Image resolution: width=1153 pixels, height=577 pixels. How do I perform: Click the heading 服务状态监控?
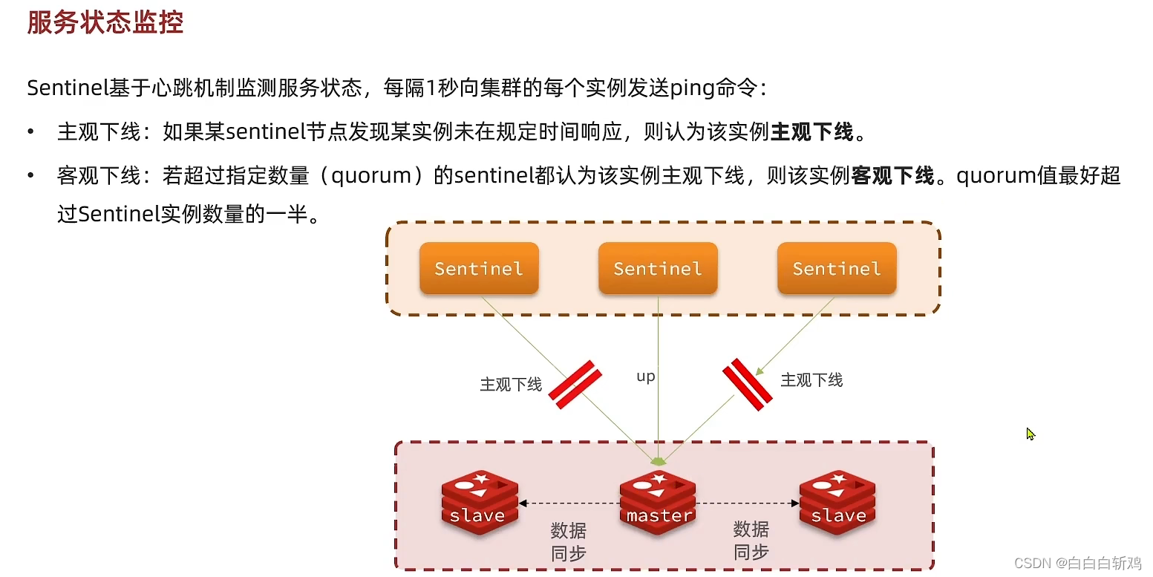pyautogui.click(x=105, y=22)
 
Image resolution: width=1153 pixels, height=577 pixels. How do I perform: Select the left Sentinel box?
pyautogui.click(x=479, y=268)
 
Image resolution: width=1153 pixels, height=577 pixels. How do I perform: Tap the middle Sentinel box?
pyautogui.click(x=658, y=268)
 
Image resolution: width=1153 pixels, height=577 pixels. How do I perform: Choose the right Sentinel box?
pyautogui.click(x=837, y=268)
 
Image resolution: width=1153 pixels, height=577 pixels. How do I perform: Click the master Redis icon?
pyautogui.click(x=659, y=501)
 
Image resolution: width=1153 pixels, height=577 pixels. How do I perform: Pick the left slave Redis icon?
pyautogui.click(x=480, y=501)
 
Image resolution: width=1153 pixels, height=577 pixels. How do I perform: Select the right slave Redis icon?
pyautogui.click(x=837, y=501)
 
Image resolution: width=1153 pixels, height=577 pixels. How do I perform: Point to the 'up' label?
pyautogui.click(x=646, y=376)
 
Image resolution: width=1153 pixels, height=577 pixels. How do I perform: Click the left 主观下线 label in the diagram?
pyautogui.click(x=511, y=385)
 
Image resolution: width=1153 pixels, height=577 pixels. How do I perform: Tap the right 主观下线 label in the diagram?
pyautogui.click(x=811, y=380)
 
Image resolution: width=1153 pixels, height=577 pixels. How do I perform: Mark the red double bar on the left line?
pyautogui.click(x=575, y=385)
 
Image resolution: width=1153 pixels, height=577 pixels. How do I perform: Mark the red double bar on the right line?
pyautogui.click(x=748, y=385)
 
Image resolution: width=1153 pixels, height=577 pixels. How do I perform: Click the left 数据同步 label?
pyautogui.click(x=569, y=541)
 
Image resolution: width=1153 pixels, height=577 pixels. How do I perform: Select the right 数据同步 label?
pyautogui.click(x=751, y=540)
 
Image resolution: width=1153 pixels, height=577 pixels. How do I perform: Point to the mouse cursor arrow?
pyautogui.click(x=1030, y=434)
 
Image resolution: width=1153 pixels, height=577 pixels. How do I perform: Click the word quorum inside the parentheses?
pyautogui.click(x=371, y=177)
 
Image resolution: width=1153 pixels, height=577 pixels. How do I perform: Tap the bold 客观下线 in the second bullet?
pyautogui.click(x=892, y=177)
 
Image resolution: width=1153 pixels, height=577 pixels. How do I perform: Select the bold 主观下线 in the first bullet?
pyautogui.click(x=811, y=133)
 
